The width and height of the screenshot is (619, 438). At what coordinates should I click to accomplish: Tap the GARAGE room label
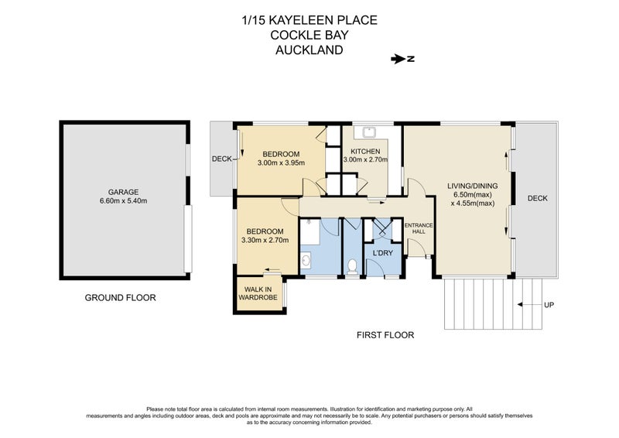click(x=123, y=191)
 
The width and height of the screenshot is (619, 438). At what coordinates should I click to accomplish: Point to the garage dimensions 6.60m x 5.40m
click(x=123, y=201)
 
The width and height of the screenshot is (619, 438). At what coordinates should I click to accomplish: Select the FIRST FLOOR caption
click(x=385, y=335)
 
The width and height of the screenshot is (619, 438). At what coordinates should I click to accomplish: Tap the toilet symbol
click(x=353, y=266)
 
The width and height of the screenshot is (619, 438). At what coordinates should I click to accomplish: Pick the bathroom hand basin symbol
click(x=305, y=262)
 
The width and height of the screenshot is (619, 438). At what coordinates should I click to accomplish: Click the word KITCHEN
click(x=364, y=151)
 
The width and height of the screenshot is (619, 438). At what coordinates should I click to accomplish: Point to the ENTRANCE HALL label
click(x=419, y=229)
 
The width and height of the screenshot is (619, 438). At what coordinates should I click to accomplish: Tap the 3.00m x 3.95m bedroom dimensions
click(x=281, y=163)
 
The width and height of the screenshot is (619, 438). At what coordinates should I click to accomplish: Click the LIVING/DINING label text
click(x=472, y=186)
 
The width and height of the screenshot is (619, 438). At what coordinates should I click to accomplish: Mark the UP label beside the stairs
click(x=549, y=305)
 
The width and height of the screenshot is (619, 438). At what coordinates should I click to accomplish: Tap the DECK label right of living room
click(x=537, y=198)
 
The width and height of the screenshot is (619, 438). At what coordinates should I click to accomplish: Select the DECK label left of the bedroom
click(x=222, y=159)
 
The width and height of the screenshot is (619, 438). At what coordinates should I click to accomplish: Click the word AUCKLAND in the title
click(x=309, y=50)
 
